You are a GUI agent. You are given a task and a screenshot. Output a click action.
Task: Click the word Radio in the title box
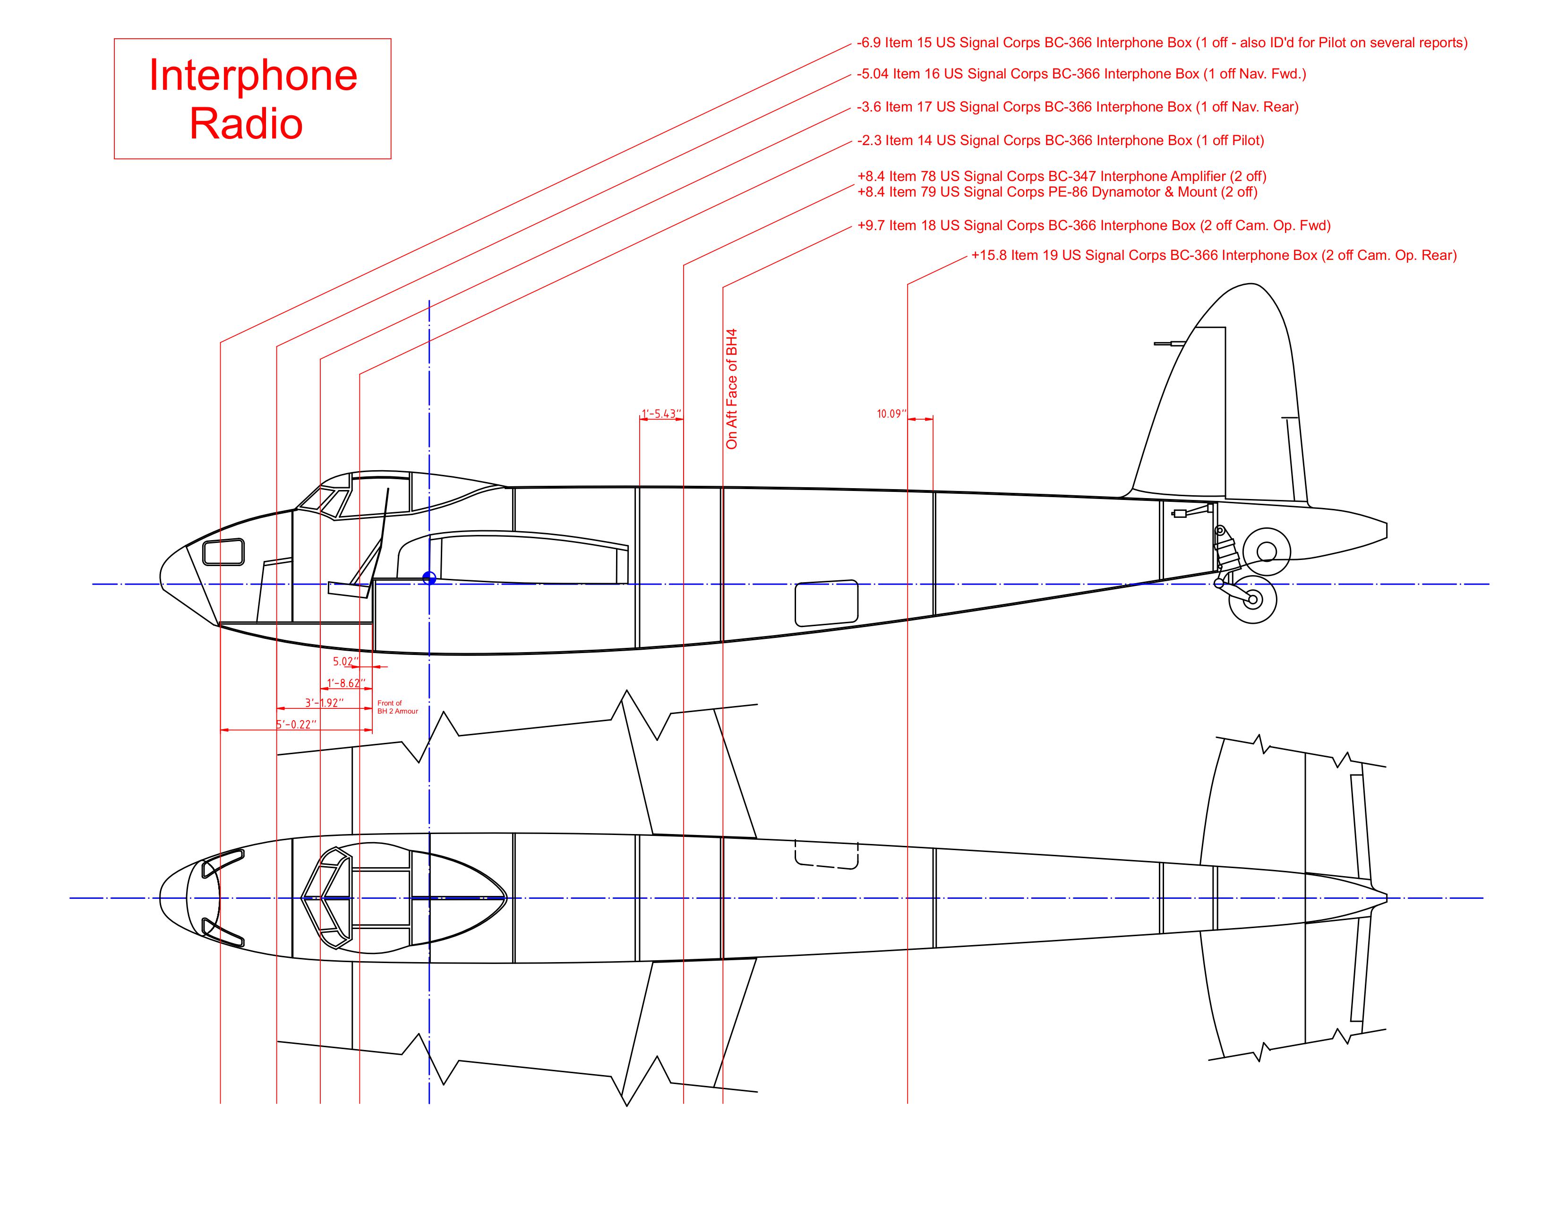(246, 123)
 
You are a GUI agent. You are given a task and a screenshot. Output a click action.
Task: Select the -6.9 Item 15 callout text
(1161, 43)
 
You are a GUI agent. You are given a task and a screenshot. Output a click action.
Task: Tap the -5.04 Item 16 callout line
(1081, 74)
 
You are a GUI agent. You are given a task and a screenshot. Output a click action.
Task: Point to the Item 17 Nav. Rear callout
(1077, 107)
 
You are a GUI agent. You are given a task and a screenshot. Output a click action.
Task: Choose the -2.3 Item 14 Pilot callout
(1060, 141)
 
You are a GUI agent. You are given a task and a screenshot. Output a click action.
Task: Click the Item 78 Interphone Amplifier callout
(1062, 176)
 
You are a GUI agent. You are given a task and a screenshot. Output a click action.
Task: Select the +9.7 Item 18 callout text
(1094, 225)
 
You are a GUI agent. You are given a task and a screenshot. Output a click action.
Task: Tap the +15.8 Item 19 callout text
(1214, 256)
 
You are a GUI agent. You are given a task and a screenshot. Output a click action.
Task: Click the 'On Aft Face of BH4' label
(732, 389)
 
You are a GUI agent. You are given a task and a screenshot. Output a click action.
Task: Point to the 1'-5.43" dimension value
(661, 414)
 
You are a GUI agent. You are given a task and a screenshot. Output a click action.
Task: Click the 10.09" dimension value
(891, 414)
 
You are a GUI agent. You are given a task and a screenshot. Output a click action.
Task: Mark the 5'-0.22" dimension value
(296, 724)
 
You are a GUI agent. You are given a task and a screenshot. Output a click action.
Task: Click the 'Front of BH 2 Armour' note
(397, 707)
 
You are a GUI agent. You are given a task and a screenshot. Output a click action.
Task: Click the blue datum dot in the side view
(429, 578)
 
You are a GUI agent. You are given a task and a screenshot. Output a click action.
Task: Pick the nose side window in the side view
(223, 552)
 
